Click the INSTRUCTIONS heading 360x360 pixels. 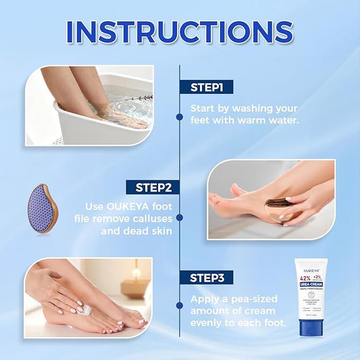[x=180, y=32]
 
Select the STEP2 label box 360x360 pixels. [x=154, y=186]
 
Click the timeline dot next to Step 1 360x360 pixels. [x=179, y=117]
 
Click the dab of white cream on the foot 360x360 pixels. [x=86, y=310]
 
